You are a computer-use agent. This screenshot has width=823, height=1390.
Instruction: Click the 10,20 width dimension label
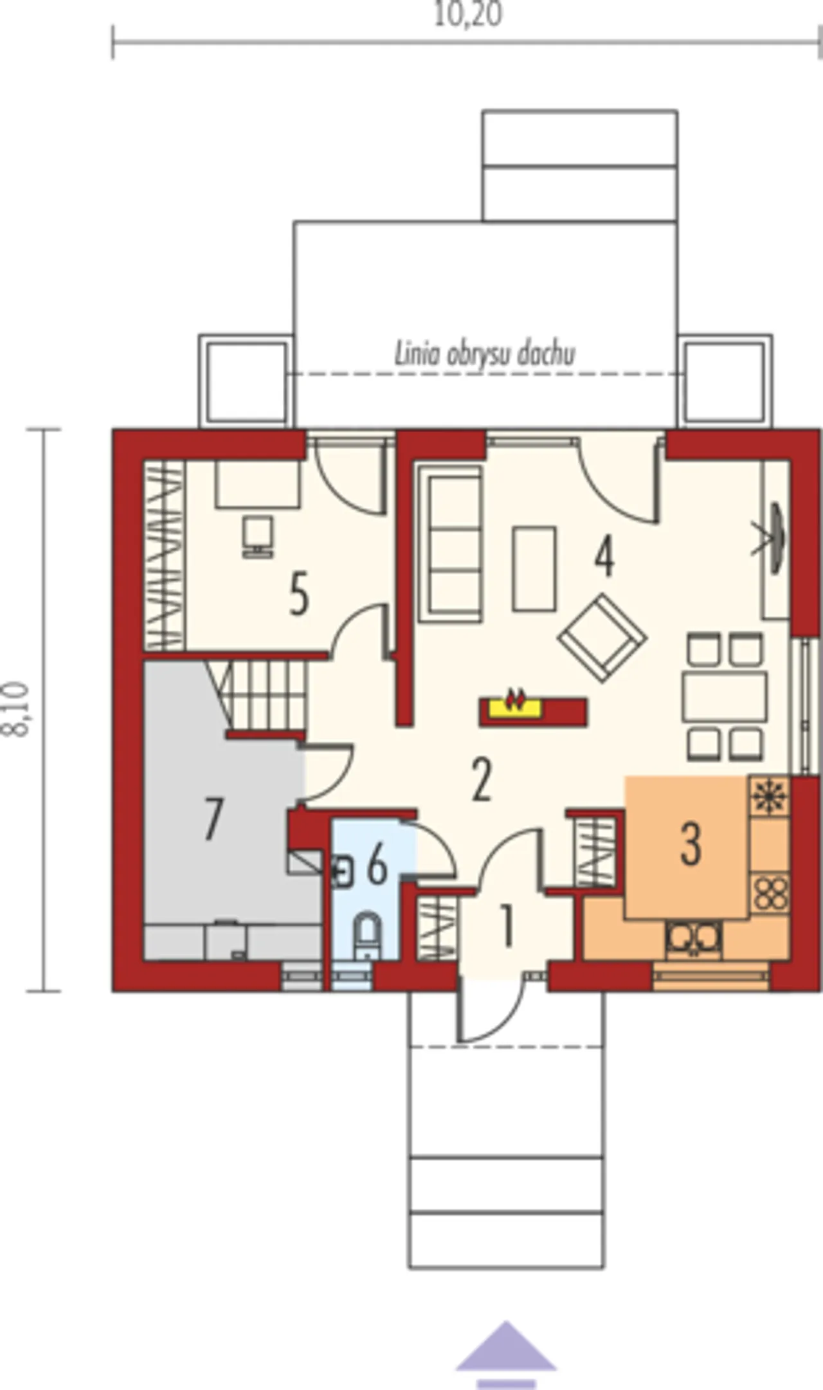click(x=468, y=14)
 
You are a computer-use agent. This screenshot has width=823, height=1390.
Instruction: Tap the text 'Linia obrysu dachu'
click(x=484, y=354)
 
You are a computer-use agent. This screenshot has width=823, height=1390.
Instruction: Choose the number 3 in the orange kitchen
click(x=690, y=844)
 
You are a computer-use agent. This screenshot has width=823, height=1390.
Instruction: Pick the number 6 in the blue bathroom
click(x=377, y=865)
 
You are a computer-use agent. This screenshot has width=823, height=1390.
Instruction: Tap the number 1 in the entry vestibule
click(x=507, y=926)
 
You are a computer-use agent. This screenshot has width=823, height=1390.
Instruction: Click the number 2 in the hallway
click(x=482, y=781)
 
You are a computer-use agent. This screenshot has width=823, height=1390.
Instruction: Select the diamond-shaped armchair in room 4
click(x=603, y=637)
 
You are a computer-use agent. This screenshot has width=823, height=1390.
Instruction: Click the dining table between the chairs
click(x=725, y=696)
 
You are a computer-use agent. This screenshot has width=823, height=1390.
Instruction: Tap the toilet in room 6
click(x=368, y=936)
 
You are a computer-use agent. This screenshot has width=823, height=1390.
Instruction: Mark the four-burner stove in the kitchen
click(x=770, y=892)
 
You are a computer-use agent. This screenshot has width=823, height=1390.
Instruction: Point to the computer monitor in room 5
click(x=258, y=534)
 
